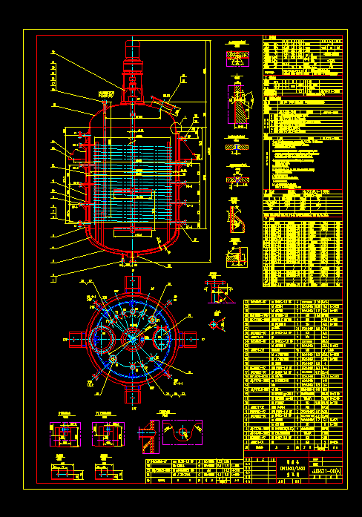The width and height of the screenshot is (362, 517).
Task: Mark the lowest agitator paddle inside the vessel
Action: (132, 233)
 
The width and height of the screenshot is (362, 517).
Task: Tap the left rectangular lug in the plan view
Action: (77, 338)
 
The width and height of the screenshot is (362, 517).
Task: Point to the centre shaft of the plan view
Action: (133, 338)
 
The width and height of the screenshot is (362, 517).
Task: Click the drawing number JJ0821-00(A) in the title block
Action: (327, 470)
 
